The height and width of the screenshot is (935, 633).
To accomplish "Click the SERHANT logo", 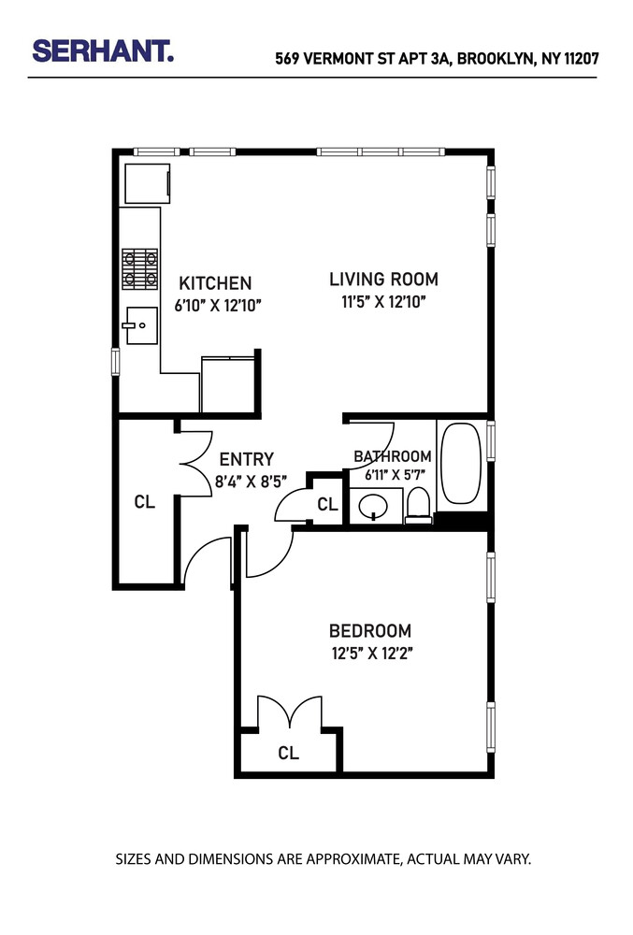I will (103, 51).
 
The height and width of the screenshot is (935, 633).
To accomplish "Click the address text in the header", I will (436, 58).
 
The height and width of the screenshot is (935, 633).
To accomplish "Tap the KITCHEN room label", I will (215, 283).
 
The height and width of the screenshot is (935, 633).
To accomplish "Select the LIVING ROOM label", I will (383, 279).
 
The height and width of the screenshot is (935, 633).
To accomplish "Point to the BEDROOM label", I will (369, 631).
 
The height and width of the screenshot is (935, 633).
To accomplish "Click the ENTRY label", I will (247, 459).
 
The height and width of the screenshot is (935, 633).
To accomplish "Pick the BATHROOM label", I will (393, 456).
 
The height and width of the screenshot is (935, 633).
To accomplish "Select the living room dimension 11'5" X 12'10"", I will (383, 301).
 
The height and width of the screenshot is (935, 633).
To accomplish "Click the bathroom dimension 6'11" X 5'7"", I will (393, 474).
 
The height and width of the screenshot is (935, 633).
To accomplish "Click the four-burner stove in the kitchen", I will (139, 267).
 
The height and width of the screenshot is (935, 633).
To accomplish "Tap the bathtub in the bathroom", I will (460, 464).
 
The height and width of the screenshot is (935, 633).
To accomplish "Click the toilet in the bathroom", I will (419, 506).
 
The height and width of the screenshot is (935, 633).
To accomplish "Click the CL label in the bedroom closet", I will (289, 754).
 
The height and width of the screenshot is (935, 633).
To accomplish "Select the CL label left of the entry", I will (144, 502).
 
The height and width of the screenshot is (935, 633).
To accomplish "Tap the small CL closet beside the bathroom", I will (326, 505).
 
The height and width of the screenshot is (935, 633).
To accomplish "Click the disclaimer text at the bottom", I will (323, 858).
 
